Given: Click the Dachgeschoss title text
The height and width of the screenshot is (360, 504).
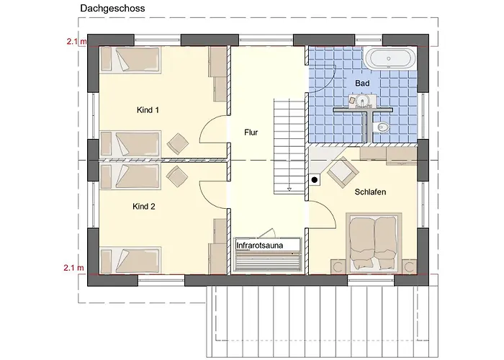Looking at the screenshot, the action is (x=112, y=9).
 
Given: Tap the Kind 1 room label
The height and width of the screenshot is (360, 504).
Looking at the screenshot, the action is (x=148, y=110).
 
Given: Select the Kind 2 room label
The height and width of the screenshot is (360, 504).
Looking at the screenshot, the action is (x=144, y=207).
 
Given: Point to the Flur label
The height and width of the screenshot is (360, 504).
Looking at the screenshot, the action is (x=251, y=132).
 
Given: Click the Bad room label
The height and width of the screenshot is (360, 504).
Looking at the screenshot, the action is (x=362, y=84).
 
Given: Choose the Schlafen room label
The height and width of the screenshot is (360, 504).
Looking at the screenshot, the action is (x=370, y=192).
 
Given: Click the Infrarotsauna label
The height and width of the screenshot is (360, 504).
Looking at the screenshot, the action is (x=260, y=246).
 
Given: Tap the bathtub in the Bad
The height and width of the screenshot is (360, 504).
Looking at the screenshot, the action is (x=390, y=58).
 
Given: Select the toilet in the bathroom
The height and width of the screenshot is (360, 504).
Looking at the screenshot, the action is (x=381, y=127).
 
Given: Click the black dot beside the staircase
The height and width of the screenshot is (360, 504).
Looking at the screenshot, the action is (x=315, y=180).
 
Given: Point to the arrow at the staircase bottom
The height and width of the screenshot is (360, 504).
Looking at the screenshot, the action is (x=289, y=189).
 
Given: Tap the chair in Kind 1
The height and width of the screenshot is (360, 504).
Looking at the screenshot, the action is (x=178, y=144).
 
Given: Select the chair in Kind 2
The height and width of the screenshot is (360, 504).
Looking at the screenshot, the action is (x=177, y=176).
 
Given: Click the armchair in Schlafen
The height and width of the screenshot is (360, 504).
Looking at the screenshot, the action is (x=343, y=172).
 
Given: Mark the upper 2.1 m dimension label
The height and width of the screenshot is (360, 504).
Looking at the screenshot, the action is (x=76, y=41).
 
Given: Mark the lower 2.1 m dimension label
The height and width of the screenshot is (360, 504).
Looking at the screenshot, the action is (x=74, y=267).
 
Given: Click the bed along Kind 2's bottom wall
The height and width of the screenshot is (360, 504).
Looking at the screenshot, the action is (x=130, y=261).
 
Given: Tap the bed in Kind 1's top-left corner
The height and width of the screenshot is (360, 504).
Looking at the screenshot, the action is (x=130, y=60).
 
